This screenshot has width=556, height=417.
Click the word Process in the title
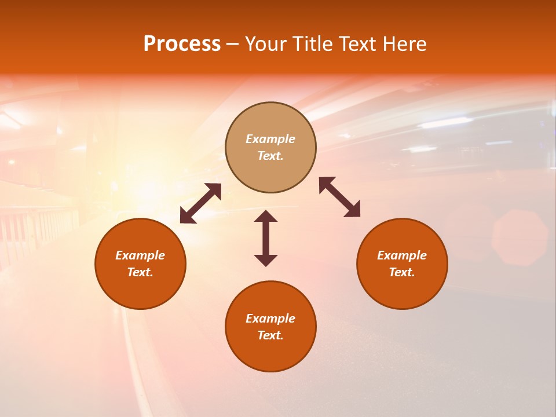(182, 44)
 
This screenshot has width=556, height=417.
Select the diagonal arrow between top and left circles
(200, 203)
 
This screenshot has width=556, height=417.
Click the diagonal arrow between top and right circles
(340, 197)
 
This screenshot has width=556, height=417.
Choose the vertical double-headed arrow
(266, 238)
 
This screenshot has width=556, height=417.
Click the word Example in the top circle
(270, 139)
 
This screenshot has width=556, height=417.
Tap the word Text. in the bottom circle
(270, 335)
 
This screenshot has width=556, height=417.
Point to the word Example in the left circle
(140, 255)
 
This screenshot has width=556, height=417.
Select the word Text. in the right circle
(402, 272)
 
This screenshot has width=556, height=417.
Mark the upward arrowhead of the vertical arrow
(266, 216)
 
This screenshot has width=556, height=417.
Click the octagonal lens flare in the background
(520, 237)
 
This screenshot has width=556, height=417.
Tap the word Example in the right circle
(402, 255)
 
